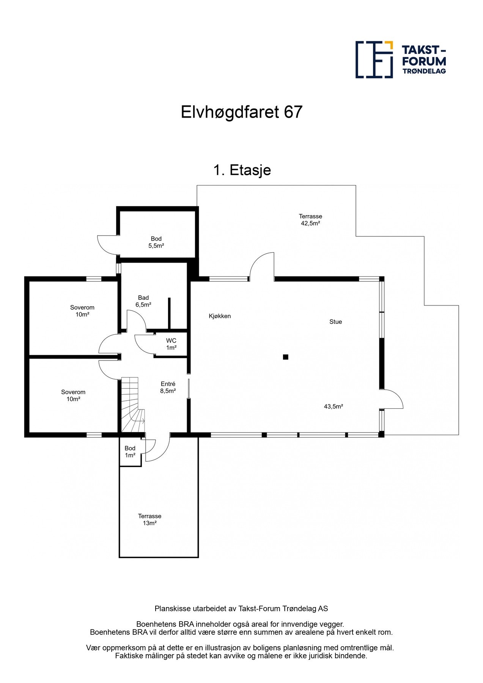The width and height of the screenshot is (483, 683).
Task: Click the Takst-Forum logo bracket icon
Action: pos(374,60)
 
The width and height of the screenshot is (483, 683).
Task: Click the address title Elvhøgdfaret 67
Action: pos(241,112)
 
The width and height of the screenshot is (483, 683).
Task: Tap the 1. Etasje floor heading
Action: pos(242,170)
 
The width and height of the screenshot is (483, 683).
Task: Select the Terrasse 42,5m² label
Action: pos(310,220)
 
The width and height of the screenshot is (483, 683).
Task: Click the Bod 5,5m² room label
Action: pos(156,242)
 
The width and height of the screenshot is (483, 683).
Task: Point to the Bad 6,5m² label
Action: pos(143,301)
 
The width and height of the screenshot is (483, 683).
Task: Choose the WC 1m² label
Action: pos(171,344)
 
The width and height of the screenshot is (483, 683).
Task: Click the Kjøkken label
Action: pos(220,316)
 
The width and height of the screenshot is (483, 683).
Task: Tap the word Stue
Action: pos(335,322)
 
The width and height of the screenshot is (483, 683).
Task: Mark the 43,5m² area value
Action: pos(334,406)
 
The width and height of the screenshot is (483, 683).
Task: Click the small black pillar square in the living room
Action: pos(286,357)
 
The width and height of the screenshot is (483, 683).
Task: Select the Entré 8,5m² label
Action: pos(168,387)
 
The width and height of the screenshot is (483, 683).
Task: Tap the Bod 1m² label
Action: pos(130,452)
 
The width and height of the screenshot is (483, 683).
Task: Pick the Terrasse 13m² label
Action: pos(149,519)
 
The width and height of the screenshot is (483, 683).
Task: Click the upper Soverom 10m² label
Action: pos(82,311)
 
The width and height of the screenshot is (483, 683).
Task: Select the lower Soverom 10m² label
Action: pos(73,395)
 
